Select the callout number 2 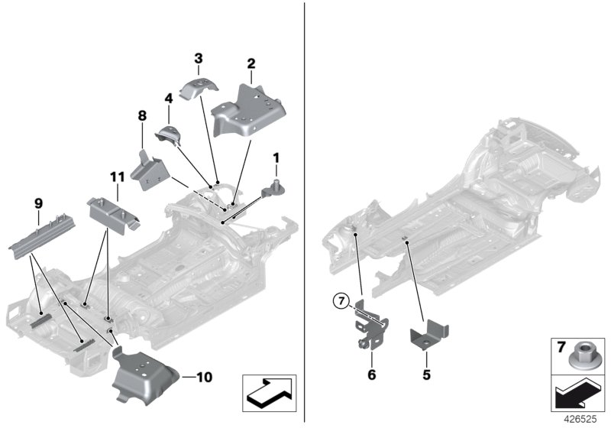pos(251,65)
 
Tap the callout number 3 pos(198,58)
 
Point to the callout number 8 pos(168,98)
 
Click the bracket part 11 pos(111,212)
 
